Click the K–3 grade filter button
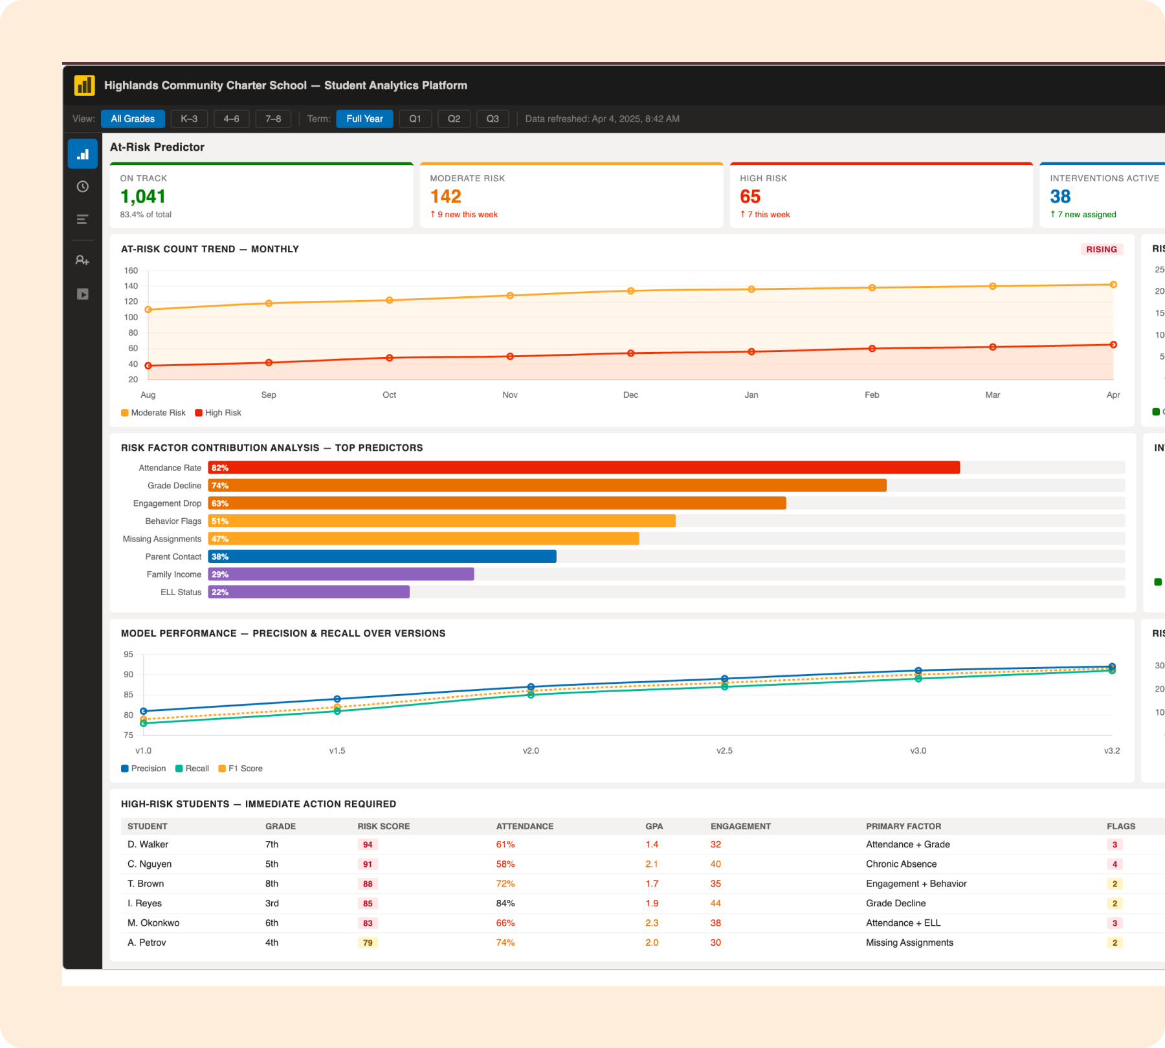tap(189, 119)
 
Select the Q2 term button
tap(454, 119)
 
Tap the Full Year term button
tap(364, 119)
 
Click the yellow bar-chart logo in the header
tap(84, 85)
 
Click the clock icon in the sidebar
tap(83, 187)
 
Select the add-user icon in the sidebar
tap(82, 260)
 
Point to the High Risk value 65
tap(750, 197)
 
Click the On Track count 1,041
tap(143, 197)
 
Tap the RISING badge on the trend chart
tap(1101, 250)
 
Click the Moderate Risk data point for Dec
tap(630, 291)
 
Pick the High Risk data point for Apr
tap(1113, 345)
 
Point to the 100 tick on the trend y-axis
tap(131, 317)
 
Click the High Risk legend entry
tap(218, 413)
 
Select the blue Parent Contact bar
tap(382, 556)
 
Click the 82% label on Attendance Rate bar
tap(220, 468)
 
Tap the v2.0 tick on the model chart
tap(531, 750)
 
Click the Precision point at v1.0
tap(144, 711)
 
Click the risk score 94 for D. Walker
tap(368, 845)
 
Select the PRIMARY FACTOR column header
tap(903, 826)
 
